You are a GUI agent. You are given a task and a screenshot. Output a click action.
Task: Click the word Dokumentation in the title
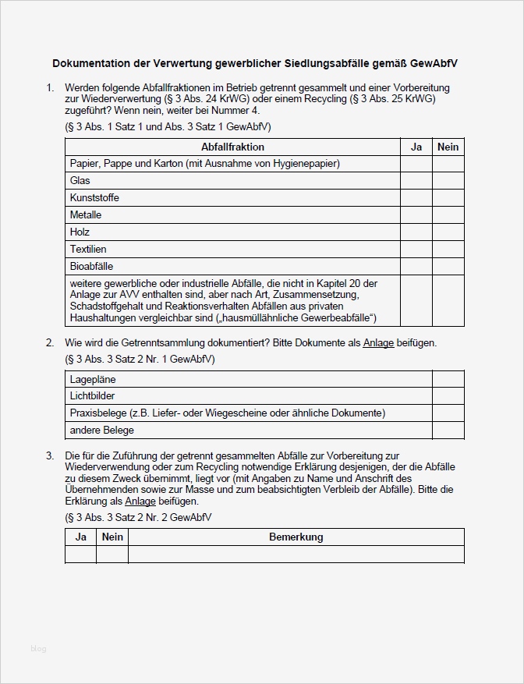point(89,62)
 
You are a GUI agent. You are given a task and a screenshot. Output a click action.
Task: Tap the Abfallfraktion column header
point(232,147)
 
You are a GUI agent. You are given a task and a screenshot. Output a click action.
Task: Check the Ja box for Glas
point(416,181)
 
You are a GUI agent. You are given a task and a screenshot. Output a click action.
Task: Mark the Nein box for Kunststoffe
point(448,198)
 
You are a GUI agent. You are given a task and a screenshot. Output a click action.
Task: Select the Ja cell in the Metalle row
point(416,215)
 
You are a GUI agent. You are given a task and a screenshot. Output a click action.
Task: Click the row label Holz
point(80,232)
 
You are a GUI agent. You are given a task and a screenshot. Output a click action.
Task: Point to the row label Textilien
point(88,249)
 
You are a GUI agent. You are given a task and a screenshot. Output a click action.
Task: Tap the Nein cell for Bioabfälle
point(448,267)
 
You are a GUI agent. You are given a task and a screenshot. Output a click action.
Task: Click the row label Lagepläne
point(93,379)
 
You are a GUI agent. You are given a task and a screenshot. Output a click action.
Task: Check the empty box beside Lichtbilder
point(448,396)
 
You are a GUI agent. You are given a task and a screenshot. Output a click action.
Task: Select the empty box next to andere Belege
point(448,431)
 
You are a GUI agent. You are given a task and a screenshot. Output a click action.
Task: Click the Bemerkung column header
point(296,537)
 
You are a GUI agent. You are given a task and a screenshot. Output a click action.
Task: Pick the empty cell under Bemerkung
point(296,554)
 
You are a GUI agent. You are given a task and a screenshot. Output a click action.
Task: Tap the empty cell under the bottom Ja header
point(80,554)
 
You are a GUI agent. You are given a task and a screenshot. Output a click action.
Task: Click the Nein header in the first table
point(448,147)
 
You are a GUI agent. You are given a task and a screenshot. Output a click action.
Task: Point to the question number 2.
point(49,342)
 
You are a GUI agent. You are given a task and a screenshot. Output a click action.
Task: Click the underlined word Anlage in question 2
point(378,342)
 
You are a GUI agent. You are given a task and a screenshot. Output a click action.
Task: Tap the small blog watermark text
point(39,648)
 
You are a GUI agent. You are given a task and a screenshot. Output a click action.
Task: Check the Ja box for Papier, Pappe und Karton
point(416,164)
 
